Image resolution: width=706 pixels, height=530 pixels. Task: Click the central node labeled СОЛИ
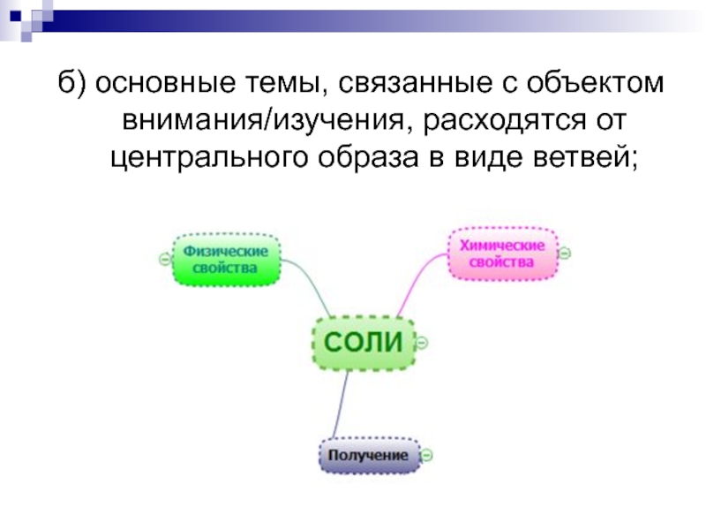363,342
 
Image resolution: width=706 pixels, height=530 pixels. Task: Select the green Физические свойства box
226,259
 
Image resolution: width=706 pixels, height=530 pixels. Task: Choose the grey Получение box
369,456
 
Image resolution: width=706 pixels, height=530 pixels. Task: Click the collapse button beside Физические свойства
164,259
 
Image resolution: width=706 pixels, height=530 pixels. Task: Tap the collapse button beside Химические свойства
566,253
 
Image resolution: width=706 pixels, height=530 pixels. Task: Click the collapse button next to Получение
426,456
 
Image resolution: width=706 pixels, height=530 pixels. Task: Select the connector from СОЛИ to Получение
340,406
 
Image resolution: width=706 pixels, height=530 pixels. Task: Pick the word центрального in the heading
207,159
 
